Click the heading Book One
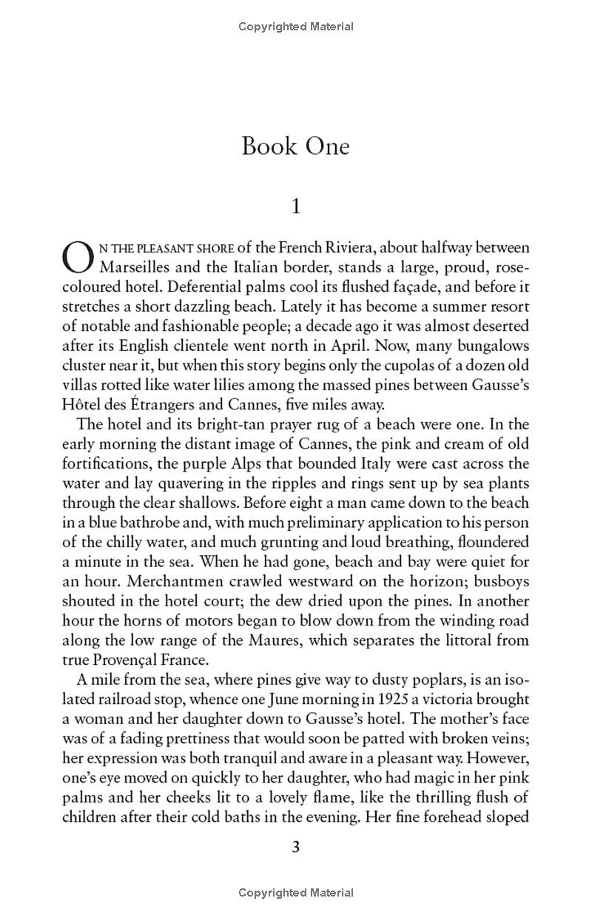point(295,146)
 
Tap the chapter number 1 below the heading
point(296,207)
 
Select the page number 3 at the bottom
point(295,847)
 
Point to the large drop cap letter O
point(76,256)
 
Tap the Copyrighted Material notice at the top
point(296,27)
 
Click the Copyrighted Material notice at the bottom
point(296,893)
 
